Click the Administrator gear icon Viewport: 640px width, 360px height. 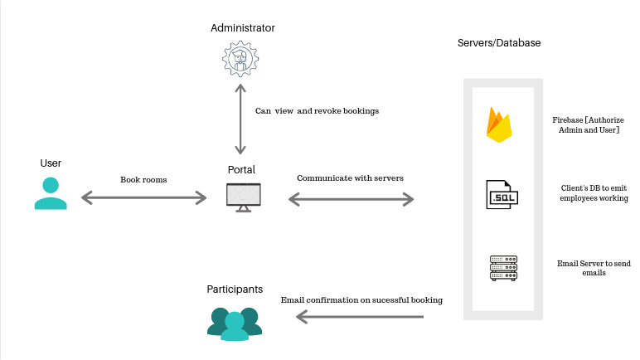241,60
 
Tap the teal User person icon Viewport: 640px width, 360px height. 51,193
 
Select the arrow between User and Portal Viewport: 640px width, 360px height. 143,197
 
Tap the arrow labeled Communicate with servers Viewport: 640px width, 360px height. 351,199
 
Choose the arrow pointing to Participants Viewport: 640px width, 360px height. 360,316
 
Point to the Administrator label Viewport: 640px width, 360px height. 242,28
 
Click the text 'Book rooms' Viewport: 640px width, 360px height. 144,178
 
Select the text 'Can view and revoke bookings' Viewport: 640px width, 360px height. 317,110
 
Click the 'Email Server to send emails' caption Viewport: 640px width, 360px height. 594,268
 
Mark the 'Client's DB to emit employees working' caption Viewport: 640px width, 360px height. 594,193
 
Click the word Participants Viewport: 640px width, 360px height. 235,289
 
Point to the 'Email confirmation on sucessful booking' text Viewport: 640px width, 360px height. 361,299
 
